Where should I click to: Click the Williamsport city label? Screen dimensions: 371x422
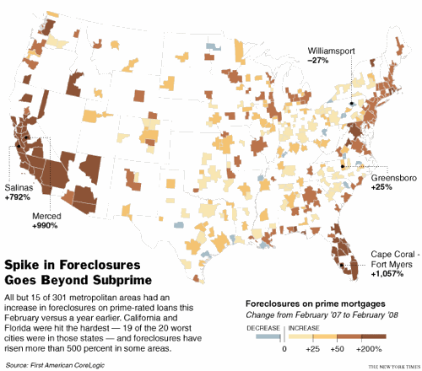tap(330, 51)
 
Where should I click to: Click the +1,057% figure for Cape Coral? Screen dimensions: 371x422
tap(388, 273)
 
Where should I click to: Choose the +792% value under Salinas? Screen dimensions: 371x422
tap(18, 197)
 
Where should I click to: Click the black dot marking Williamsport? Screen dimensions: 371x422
tap(351, 103)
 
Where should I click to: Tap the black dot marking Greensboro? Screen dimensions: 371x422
tap(342, 166)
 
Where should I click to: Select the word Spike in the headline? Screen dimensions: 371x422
tap(24, 264)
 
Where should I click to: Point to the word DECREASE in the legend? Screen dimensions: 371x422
tap(262, 326)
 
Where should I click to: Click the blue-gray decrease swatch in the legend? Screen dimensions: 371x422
tap(269, 336)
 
